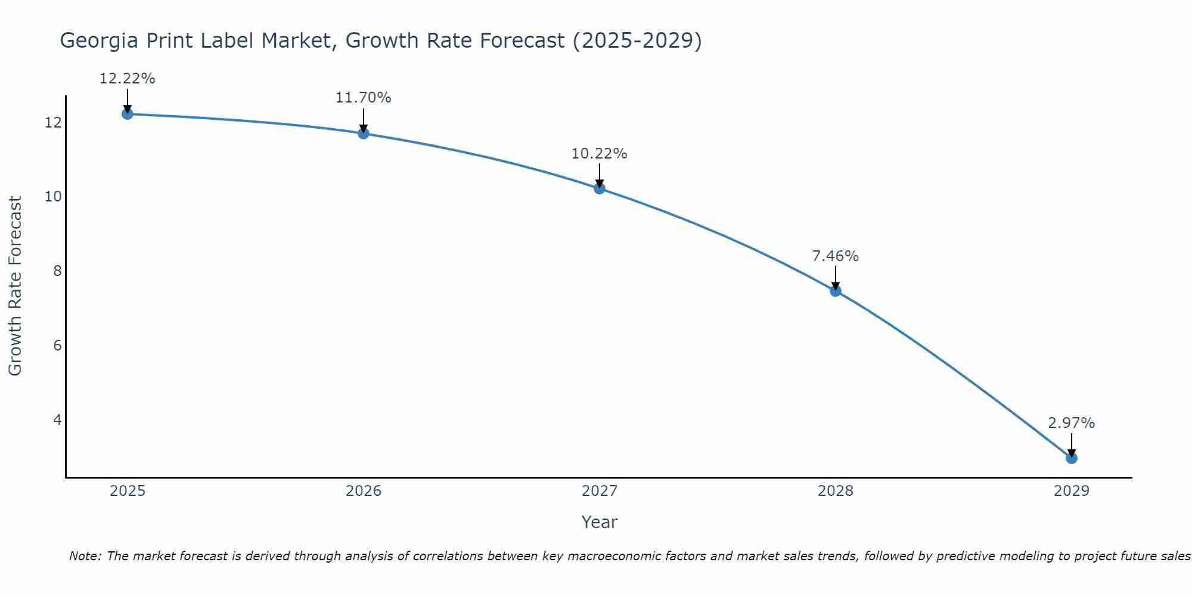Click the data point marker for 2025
127,114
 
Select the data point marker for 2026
363,133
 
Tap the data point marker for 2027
599,188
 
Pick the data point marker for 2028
835,291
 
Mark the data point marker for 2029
1071,458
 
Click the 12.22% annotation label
127,79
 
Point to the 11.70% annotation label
363,98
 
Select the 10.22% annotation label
599,154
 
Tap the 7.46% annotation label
835,256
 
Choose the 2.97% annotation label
1071,423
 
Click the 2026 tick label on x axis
364,491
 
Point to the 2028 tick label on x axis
835,491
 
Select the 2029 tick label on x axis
1071,491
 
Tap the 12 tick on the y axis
52,123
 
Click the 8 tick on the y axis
57,271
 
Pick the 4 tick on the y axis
57,420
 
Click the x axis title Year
599,522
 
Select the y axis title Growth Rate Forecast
15,286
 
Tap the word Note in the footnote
85,556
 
